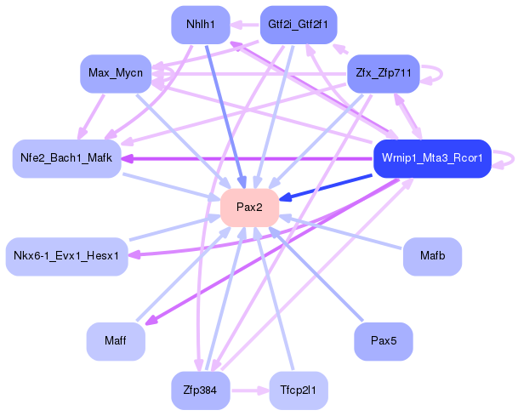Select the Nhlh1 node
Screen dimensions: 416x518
tap(201, 24)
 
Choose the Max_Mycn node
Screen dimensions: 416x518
tap(116, 74)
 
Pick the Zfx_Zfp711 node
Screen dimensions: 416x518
tap(384, 74)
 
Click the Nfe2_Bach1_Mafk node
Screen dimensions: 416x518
tap(65, 159)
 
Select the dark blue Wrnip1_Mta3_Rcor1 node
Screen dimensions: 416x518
tap(432, 158)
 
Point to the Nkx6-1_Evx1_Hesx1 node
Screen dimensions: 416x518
tap(66, 254)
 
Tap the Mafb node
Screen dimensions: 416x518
tap(432, 254)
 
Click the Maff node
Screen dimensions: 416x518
tap(116, 341)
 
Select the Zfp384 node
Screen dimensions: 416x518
tap(201, 391)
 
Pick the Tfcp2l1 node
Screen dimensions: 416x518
tap(299, 391)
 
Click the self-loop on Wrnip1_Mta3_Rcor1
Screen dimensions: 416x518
tap(508, 158)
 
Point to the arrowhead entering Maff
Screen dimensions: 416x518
tap(149, 322)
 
